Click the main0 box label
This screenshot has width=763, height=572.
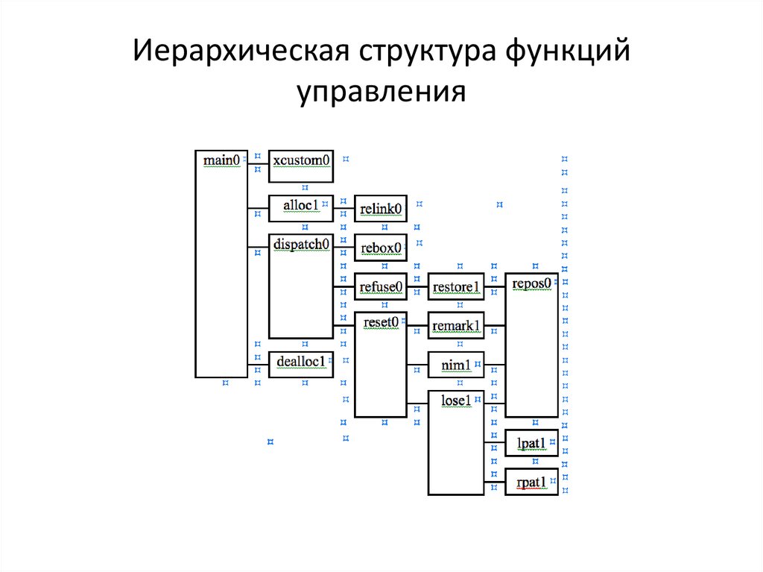point(222,160)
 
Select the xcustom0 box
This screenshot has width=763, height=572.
point(300,166)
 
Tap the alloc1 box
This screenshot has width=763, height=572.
point(300,208)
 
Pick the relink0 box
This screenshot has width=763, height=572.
point(381,209)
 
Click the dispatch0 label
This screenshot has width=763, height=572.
point(301,244)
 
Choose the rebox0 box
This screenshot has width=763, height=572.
point(381,248)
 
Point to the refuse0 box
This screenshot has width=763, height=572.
point(381,286)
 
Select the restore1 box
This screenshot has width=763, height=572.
point(456,286)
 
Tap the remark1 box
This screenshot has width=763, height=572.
point(456,325)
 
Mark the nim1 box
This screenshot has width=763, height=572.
point(456,365)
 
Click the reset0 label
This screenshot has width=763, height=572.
point(381,321)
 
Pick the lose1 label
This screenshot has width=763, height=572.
point(456,400)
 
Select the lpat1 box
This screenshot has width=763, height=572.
point(531,443)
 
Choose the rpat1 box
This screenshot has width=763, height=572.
point(531,482)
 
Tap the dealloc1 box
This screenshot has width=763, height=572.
point(300,362)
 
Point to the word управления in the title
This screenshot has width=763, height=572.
point(381,93)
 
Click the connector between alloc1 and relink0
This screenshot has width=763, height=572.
point(343,210)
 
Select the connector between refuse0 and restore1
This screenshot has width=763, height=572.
point(418,286)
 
